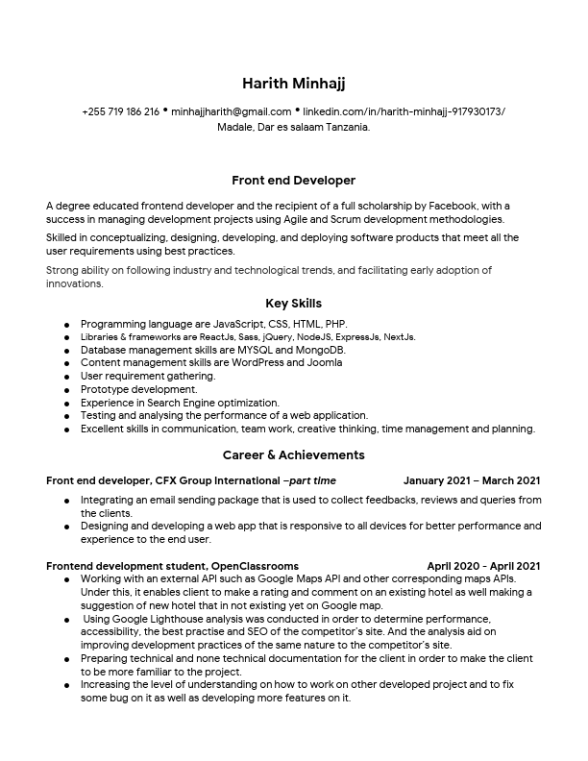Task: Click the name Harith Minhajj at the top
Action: coord(293,84)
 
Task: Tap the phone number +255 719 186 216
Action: coord(120,111)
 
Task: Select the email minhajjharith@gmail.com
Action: coord(231,111)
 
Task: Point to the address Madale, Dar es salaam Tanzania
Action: coord(293,127)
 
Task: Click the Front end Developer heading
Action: coord(293,181)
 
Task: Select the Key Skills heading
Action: coord(293,304)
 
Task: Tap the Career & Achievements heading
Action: coord(293,454)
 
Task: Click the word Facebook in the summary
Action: coord(451,206)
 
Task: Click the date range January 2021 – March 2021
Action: coord(471,480)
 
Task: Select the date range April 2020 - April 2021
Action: coord(483,566)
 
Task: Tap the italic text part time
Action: coord(312,480)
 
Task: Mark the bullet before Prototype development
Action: coord(66,391)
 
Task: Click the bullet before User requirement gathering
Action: coord(66,378)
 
